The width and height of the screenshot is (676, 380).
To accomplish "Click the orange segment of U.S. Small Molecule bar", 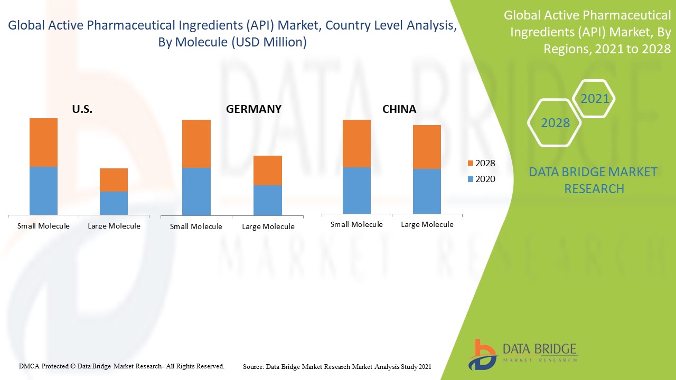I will point(43,142).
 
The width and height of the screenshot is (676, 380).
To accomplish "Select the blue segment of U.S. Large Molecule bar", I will point(114,203).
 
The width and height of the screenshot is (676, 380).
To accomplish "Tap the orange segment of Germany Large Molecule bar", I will point(268,170).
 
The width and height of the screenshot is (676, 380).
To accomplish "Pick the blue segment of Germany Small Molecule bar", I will point(196,192).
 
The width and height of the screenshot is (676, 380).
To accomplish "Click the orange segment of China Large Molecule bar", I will point(427,147).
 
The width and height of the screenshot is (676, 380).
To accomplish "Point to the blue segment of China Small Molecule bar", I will point(356,190).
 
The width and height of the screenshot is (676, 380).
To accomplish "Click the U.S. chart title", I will point(82,109).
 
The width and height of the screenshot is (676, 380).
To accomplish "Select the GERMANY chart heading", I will point(253,109).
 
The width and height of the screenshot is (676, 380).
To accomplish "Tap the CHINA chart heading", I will point(399,109).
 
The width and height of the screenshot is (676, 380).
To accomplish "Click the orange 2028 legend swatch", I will point(471,164).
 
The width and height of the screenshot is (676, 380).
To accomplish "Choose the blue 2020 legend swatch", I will point(471,179).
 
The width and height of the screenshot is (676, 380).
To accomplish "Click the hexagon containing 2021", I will point(594,99).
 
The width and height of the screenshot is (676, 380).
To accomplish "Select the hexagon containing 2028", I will point(555,123).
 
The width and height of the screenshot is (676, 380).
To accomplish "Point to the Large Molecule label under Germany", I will point(268,226).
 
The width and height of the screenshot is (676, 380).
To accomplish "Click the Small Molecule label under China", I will point(356,224).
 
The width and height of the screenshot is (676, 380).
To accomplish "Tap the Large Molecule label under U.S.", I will point(114,226).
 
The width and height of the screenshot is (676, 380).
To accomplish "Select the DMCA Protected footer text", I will point(121,366).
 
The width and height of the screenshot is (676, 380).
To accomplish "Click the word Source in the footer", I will point(253,366).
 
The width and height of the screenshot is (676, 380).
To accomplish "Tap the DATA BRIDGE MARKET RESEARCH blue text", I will point(594,180).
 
